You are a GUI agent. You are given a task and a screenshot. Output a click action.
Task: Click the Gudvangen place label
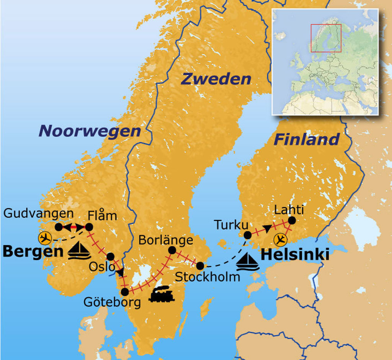click(x=38, y=213)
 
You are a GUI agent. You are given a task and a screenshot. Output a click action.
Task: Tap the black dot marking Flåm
click(x=89, y=227)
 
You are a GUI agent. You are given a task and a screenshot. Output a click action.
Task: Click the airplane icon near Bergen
click(x=45, y=238)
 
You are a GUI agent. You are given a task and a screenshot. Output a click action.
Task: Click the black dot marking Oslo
click(x=110, y=257)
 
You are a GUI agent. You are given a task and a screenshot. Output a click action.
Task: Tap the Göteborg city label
click(x=112, y=303)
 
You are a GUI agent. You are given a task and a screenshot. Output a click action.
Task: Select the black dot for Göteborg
click(x=125, y=292)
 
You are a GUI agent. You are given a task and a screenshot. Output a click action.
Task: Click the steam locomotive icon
click(x=162, y=294)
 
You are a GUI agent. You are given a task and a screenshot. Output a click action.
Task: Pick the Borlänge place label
click(x=165, y=240)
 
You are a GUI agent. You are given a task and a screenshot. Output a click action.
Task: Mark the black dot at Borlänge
click(x=172, y=250)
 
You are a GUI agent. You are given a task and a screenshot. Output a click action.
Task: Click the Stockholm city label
click(x=207, y=276)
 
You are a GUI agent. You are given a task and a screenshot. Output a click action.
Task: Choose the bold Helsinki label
click(x=295, y=255)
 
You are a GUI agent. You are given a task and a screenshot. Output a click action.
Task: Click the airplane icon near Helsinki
click(x=281, y=239)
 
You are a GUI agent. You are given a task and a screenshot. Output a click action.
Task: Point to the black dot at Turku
click(x=248, y=235)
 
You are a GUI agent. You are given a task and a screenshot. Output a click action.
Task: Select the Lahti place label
click(x=289, y=210)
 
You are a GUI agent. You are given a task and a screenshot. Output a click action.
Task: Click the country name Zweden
click(x=216, y=79)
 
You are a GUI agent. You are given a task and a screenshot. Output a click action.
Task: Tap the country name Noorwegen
click(x=90, y=131)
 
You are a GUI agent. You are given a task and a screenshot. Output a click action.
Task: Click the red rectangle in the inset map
click(x=325, y=38)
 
